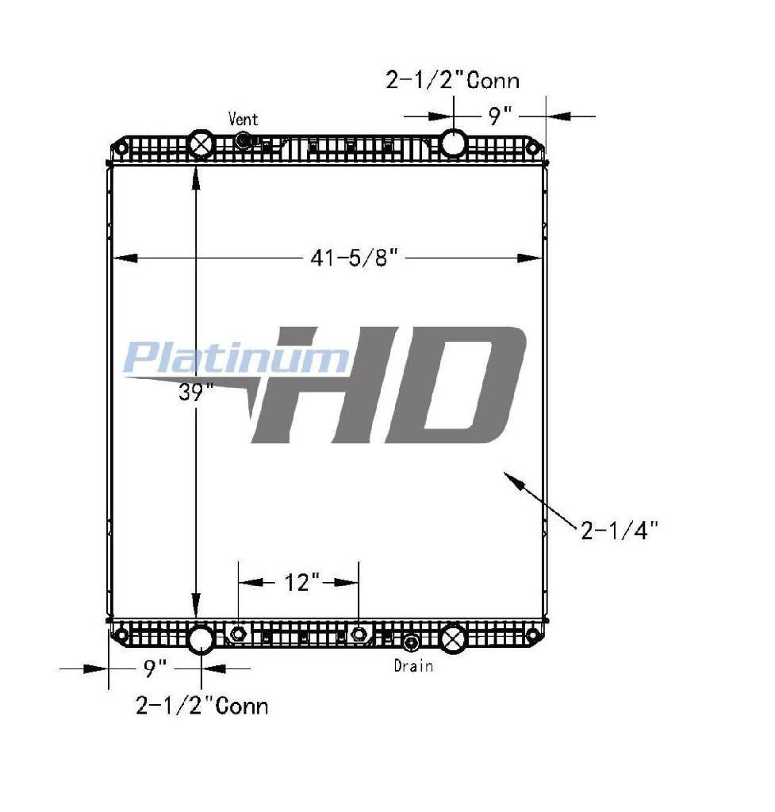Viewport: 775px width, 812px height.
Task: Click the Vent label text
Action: tap(243, 119)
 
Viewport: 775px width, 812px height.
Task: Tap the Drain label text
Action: tap(413, 665)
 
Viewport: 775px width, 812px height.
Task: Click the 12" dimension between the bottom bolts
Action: tap(302, 583)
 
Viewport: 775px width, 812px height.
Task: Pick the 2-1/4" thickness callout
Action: tap(620, 530)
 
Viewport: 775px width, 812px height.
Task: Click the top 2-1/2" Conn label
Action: tap(452, 80)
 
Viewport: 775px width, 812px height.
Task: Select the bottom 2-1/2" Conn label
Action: tap(202, 706)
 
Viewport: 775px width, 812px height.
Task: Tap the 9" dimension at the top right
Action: tap(501, 116)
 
